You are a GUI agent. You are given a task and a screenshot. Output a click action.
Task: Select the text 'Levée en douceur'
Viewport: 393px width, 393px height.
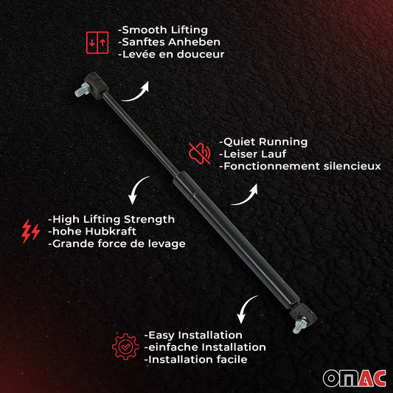(171, 54)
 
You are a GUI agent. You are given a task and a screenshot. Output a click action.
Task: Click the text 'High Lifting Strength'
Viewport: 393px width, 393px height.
(111, 219)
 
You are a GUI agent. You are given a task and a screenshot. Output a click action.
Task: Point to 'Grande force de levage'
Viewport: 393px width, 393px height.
(116, 243)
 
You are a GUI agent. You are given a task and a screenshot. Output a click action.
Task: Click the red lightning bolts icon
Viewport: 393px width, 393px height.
(30, 232)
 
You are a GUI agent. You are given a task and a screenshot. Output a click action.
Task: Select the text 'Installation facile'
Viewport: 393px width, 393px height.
(195, 359)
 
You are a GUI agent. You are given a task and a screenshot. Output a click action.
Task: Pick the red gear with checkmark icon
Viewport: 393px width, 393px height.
(125, 347)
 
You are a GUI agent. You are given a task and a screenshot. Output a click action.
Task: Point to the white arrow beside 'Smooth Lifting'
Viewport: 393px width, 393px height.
(136, 91)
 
